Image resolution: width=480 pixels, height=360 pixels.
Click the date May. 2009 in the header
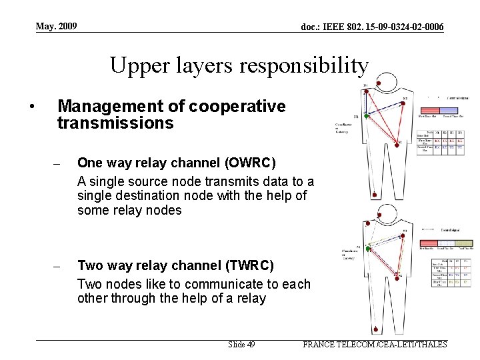[x=57, y=26]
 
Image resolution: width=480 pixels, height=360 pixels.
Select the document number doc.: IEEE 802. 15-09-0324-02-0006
[x=372, y=27]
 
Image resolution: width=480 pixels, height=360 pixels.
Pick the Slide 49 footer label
[x=241, y=345]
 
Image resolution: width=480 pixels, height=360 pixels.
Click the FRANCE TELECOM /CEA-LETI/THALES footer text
[x=375, y=345]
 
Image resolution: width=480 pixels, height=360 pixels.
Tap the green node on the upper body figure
[x=366, y=116]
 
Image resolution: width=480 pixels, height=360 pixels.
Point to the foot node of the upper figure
[x=375, y=195]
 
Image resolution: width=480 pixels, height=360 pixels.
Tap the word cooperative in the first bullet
[x=238, y=106]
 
